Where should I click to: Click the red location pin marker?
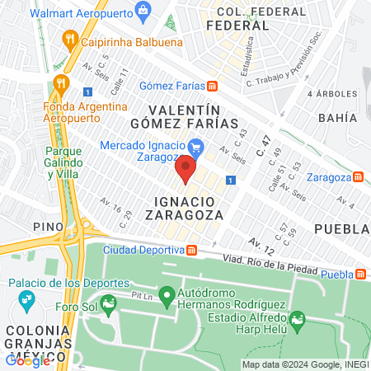[185, 171]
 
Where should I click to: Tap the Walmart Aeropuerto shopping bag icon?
[144, 12]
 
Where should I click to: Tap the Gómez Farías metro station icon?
[212, 85]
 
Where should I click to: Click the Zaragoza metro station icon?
[357, 176]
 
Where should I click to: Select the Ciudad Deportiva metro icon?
[191, 250]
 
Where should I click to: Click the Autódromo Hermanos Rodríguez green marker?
[166, 294]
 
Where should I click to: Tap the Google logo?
[27, 359]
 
